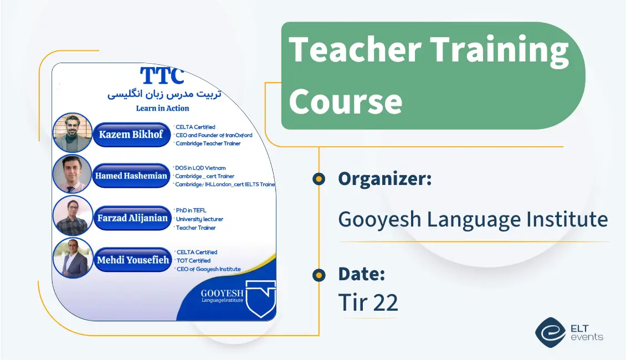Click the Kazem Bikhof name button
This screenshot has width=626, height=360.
click(131, 135)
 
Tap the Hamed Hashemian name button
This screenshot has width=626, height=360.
click(131, 176)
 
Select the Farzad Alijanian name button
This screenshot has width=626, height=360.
click(132, 218)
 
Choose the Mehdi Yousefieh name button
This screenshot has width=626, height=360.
click(133, 260)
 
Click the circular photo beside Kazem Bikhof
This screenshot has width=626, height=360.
click(72, 133)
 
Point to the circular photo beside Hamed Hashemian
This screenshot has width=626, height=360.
click(72, 174)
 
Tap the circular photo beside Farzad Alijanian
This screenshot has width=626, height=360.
click(72, 216)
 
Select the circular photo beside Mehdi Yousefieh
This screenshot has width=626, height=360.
click(73, 258)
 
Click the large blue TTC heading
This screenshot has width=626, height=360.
click(162, 76)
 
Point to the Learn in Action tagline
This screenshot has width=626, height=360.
click(162, 108)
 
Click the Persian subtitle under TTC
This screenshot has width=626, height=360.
click(164, 94)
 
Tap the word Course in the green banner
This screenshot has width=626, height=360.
click(345, 101)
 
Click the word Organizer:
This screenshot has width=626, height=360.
click(384, 179)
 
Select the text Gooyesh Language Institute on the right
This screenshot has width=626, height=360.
click(473, 219)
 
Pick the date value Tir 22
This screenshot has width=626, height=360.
click(368, 302)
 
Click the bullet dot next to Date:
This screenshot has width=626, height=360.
click(319, 275)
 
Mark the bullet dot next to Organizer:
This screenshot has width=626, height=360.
click(319, 179)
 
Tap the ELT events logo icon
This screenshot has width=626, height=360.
click(550, 332)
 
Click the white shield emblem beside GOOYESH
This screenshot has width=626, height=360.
click(260, 298)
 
